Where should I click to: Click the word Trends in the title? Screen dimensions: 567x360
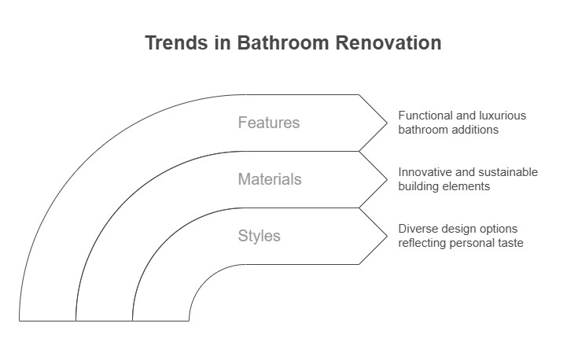coord(176,42)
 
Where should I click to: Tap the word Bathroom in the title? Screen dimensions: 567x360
coord(283,42)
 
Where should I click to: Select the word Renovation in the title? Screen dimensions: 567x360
coord(388,42)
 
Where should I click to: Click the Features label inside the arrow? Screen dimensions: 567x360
coord(269,123)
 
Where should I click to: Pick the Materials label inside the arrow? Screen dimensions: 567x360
coord(270,179)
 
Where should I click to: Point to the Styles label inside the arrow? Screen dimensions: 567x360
coord(259,236)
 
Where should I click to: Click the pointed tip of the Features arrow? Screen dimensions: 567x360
coord(387,123)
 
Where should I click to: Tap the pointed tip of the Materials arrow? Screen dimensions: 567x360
coord(387,180)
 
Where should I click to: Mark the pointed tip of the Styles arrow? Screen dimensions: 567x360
coord(387,237)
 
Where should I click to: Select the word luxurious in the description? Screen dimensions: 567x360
coord(503,116)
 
